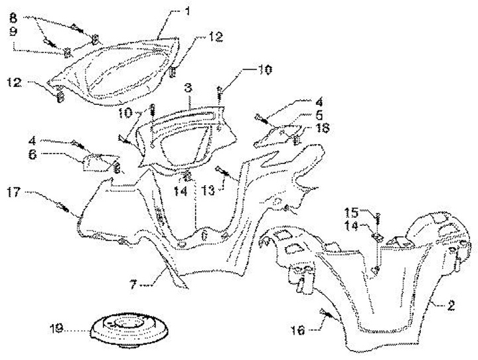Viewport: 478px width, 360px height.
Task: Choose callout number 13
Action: point(208,191)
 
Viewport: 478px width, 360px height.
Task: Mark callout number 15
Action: point(353,213)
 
